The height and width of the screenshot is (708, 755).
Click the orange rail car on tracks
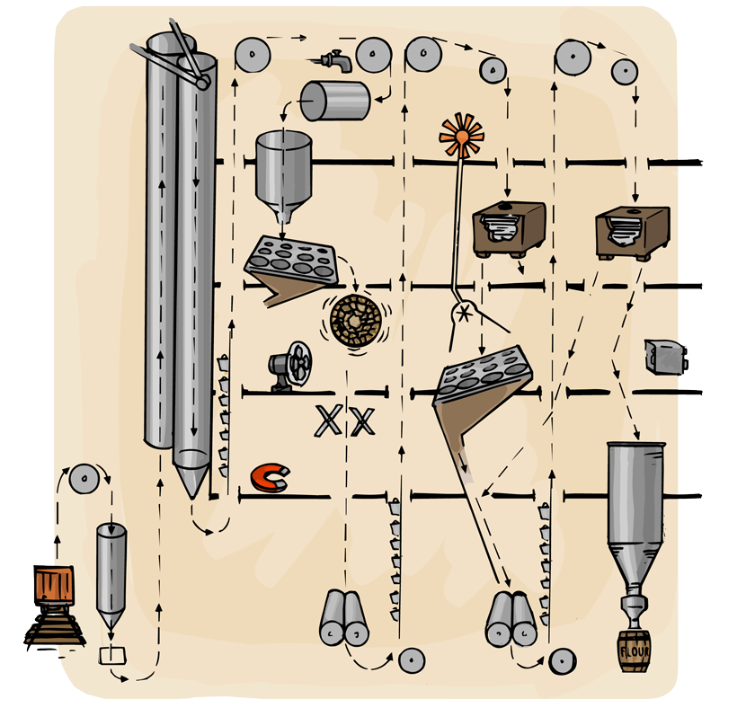pos(50,587)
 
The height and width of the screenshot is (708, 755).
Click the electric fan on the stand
pos(289,367)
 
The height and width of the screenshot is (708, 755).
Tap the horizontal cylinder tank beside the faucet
pos(334,101)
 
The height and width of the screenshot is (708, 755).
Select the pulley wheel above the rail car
pos(84,480)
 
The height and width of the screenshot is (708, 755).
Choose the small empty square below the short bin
pos(113,655)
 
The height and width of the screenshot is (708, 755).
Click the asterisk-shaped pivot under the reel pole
pos(466,313)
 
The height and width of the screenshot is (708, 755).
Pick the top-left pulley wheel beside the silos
pos(253,57)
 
